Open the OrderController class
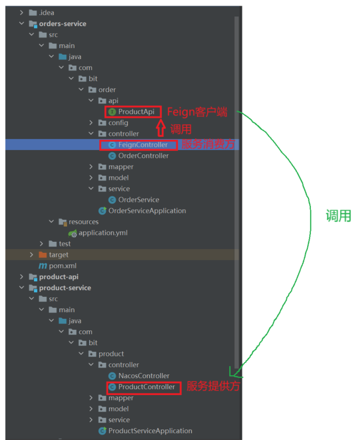coord(143,156)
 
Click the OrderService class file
coord(139,200)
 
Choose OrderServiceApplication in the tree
coord(147,211)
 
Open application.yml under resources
coord(103,233)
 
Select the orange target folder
coord(58,255)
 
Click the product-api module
coord(59,277)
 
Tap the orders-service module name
coord(62,23)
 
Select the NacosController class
coord(144,376)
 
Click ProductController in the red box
coord(146,387)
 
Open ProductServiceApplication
coord(150,431)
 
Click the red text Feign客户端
coord(197,112)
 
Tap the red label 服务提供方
coord(213,386)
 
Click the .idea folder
coord(46,12)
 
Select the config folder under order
coord(118,123)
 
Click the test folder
coord(65,244)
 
